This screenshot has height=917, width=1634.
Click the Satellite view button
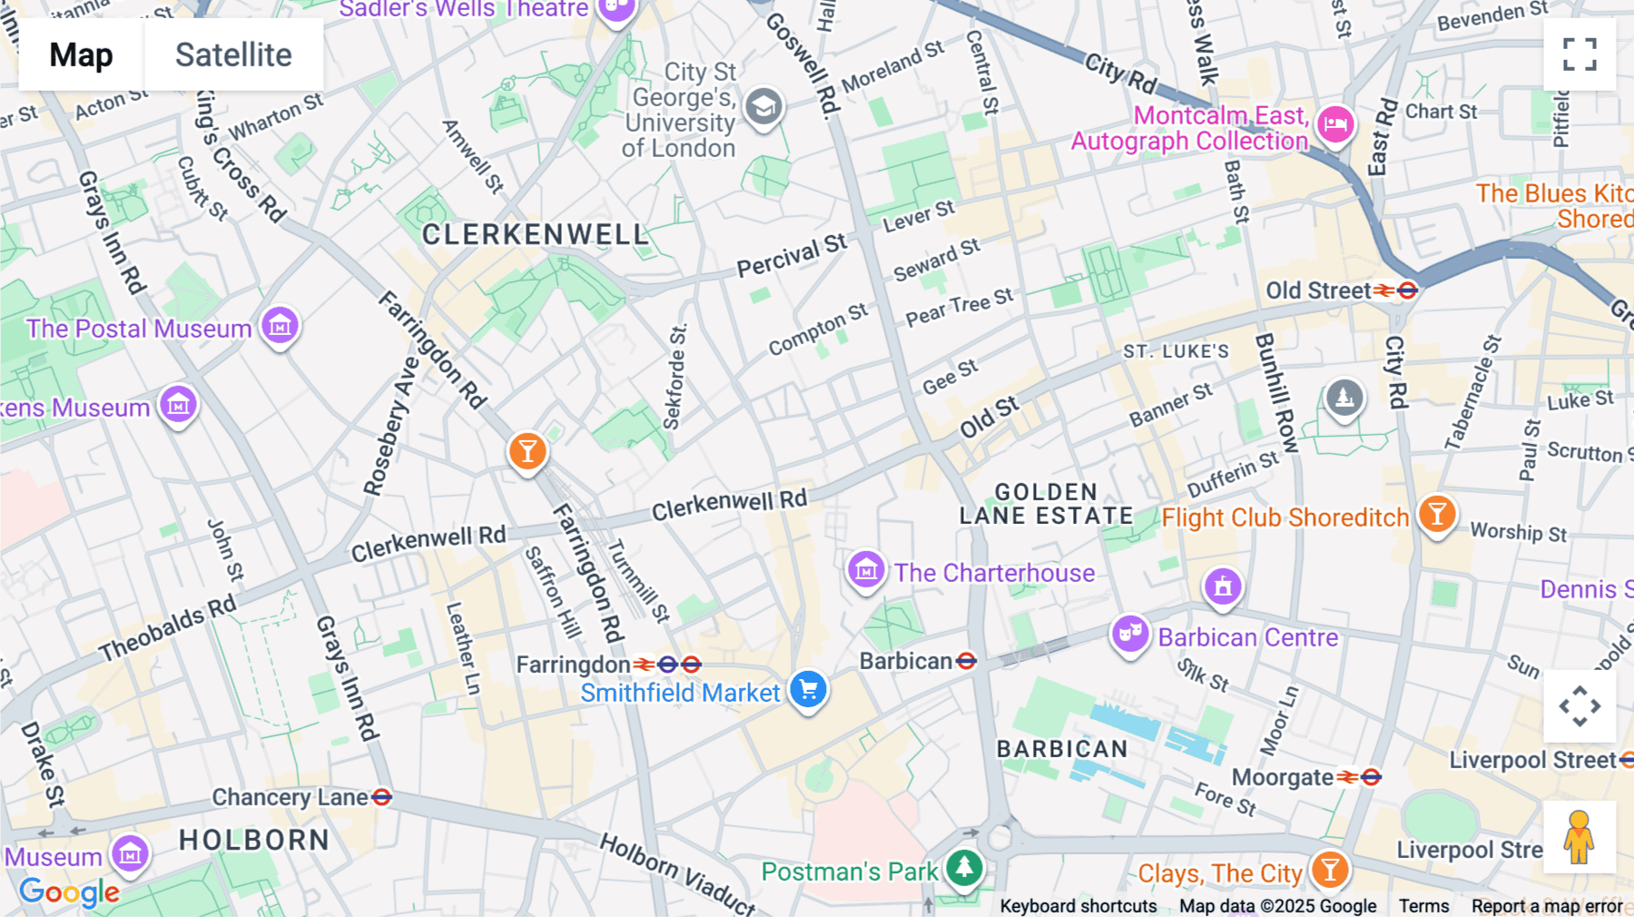[x=233, y=54]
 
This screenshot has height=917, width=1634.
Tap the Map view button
[x=81, y=54]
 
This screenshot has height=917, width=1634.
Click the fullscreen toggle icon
[x=1580, y=54]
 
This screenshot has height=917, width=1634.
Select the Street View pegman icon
[x=1579, y=837]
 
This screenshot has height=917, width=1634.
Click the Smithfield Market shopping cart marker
[x=807, y=690]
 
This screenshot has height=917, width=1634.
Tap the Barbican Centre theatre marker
[x=1129, y=634]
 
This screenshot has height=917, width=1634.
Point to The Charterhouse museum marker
[x=866, y=570]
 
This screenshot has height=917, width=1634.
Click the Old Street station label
[x=1318, y=291]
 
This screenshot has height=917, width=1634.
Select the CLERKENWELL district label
[x=535, y=235]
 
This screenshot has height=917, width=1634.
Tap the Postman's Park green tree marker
[x=964, y=868]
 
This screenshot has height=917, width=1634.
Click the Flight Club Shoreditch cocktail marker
[x=1436, y=515]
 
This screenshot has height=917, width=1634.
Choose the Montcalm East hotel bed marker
[x=1335, y=123]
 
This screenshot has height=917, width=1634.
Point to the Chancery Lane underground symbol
[x=382, y=797]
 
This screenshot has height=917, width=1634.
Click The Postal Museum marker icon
[x=280, y=325]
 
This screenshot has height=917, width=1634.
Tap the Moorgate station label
[x=1282, y=777]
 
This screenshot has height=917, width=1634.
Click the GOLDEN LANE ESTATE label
[x=1046, y=504]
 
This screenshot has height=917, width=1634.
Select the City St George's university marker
[x=763, y=107]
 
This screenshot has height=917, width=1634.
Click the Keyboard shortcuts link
[x=1078, y=905]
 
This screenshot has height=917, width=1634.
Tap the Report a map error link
[x=1546, y=905]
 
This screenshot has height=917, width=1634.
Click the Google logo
[x=69, y=892]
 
